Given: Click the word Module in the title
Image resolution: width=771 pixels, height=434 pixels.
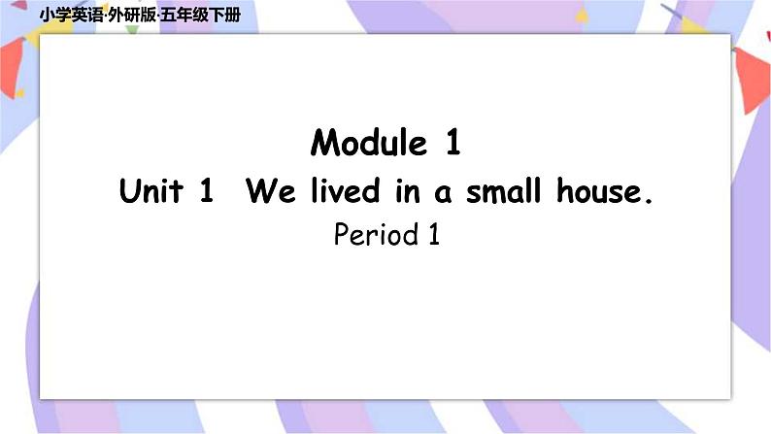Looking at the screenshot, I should (x=369, y=144).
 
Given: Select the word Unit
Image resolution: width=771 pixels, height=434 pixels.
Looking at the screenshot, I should (x=151, y=191).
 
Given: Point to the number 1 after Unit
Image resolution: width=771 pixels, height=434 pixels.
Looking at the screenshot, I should (x=205, y=191).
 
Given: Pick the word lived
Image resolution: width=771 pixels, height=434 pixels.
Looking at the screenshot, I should (x=340, y=191).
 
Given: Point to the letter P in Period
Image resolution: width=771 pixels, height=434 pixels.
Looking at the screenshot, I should (x=341, y=235).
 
